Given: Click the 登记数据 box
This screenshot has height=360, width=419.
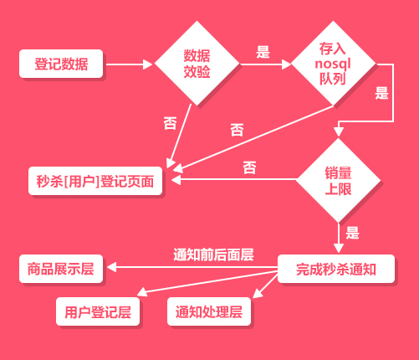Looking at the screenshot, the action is point(61,64).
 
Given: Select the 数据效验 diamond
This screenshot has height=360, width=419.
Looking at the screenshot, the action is point(197,64).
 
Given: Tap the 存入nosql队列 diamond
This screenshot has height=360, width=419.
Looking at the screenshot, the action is point(333,64).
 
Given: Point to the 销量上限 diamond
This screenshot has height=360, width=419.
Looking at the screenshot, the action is point(338,180).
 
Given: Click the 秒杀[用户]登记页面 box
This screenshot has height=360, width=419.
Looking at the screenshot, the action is point(95,181).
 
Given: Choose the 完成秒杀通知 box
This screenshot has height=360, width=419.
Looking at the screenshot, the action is point(336,269).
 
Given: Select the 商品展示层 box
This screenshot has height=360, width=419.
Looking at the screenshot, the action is point(61,269).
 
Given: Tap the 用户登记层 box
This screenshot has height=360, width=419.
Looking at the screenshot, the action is point(98,311).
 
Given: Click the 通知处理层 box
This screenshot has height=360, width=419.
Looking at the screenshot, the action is point(209,311).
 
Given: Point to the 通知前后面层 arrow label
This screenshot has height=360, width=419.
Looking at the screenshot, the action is point(213,255).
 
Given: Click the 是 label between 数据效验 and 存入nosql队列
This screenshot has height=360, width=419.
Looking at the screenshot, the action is point(263,52).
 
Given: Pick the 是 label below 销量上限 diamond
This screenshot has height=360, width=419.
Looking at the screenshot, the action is point(353,233).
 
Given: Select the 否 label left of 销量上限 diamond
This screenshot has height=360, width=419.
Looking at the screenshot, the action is point(249,167).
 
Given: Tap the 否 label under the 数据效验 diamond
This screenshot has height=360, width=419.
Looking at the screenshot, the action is point(171,123).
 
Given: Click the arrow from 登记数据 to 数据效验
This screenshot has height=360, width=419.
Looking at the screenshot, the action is point(130,64).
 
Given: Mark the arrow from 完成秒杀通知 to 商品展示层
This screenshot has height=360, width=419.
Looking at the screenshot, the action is point(192,267).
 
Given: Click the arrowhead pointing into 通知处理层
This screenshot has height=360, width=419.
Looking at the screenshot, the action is point(257,294).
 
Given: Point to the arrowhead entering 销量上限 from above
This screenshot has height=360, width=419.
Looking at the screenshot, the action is point(339,131).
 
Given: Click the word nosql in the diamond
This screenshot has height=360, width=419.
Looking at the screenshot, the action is point(333,64).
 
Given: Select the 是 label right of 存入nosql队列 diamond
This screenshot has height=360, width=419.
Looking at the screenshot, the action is point(381,93).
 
